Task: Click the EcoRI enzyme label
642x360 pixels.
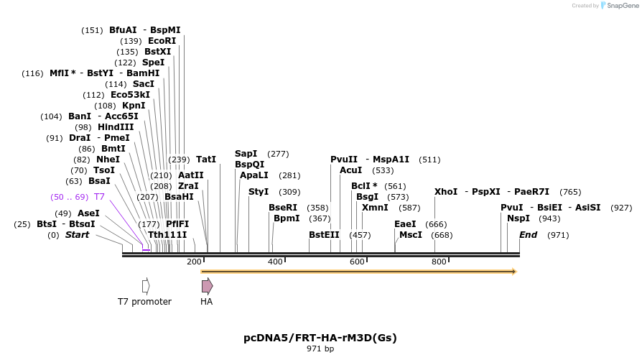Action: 162,41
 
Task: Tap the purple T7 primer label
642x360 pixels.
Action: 100,196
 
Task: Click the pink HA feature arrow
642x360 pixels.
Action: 207,286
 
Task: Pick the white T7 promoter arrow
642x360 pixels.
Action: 146,286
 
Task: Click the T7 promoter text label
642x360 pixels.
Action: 144,302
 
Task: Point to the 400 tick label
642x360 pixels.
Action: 276,262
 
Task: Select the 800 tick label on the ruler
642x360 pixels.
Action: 439,262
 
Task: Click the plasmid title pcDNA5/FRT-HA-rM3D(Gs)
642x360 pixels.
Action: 320,337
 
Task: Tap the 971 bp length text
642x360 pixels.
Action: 320,349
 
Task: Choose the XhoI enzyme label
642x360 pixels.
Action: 446,192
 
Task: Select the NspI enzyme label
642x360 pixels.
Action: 518,218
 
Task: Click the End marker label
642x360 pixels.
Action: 528,235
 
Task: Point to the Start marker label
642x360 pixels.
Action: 77,235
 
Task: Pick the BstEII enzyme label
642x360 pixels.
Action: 324,235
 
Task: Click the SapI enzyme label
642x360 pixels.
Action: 246,154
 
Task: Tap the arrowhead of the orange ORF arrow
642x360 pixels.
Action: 513,272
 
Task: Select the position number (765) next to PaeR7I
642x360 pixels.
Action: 570,192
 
